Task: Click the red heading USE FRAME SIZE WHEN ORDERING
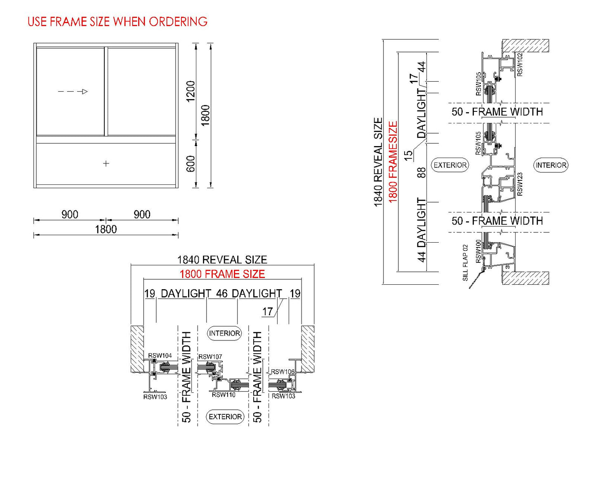(x=118, y=22)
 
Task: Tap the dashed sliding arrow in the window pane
(x=73, y=92)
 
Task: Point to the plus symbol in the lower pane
(x=106, y=163)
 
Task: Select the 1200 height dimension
(x=190, y=91)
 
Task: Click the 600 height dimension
(x=190, y=164)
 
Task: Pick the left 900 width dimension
(x=70, y=214)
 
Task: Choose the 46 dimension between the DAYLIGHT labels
(x=221, y=293)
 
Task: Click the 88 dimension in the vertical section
(x=421, y=172)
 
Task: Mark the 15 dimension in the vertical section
(x=408, y=155)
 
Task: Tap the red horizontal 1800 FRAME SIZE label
(x=222, y=274)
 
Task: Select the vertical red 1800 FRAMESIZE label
(x=393, y=162)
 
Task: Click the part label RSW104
(x=160, y=355)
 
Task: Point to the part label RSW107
(x=210, y=357)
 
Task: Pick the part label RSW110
(x=224, y=395)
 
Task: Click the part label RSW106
(x=283, y=371)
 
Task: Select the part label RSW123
(x=520, y=184)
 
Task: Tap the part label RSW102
(x=520, y=64)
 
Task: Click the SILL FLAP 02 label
(x=466, y=263)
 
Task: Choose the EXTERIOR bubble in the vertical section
(x=450, y=165)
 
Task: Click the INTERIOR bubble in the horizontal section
(x=224, y=333)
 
